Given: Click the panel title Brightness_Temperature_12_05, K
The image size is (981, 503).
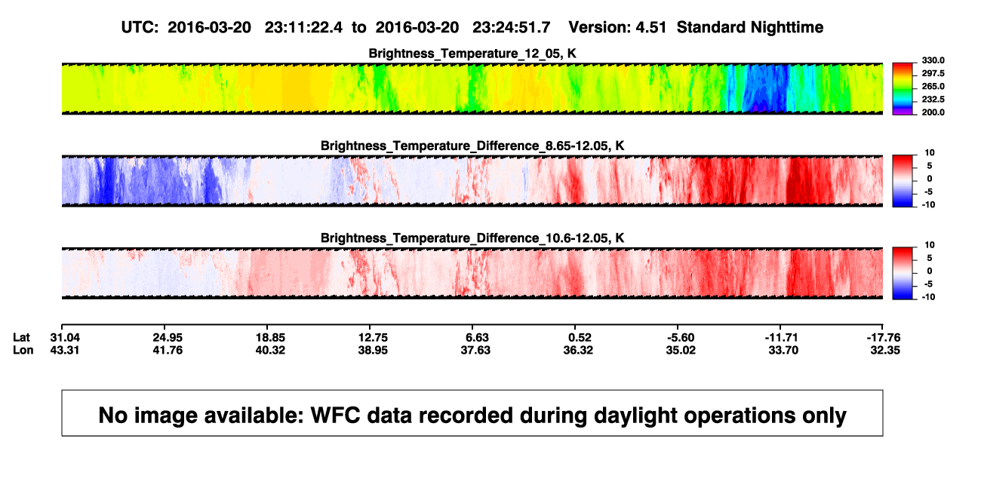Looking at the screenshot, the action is coord(472,54).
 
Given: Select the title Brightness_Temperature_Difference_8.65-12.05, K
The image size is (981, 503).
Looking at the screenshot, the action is coord(472,146).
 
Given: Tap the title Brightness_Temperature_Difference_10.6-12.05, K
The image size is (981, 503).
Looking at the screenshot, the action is coord(472,238).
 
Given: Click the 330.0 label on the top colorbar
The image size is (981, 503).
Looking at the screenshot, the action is coord(933,60).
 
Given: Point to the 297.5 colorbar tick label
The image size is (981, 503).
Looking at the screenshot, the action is coord(933,73).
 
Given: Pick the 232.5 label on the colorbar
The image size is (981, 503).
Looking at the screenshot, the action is coord(933,100).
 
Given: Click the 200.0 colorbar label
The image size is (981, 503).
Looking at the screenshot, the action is coord(933,112).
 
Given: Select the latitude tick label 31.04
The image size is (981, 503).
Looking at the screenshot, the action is coord(65,338).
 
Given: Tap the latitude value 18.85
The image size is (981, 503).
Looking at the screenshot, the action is coord(270,338).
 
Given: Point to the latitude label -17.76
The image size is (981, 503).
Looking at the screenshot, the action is coord(884,338).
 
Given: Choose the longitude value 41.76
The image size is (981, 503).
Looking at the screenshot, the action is coord(168,350).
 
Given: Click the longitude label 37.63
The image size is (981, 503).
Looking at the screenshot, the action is coord(475,350).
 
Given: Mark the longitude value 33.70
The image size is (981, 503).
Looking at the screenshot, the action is coord(783,350).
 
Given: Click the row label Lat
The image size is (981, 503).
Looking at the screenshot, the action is coord(21,338).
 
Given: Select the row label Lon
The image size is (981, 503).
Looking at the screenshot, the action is coord(23,350).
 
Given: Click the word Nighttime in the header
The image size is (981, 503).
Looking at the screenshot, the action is coord(786,28).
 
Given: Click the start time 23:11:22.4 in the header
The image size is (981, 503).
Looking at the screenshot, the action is coord(303,28).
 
